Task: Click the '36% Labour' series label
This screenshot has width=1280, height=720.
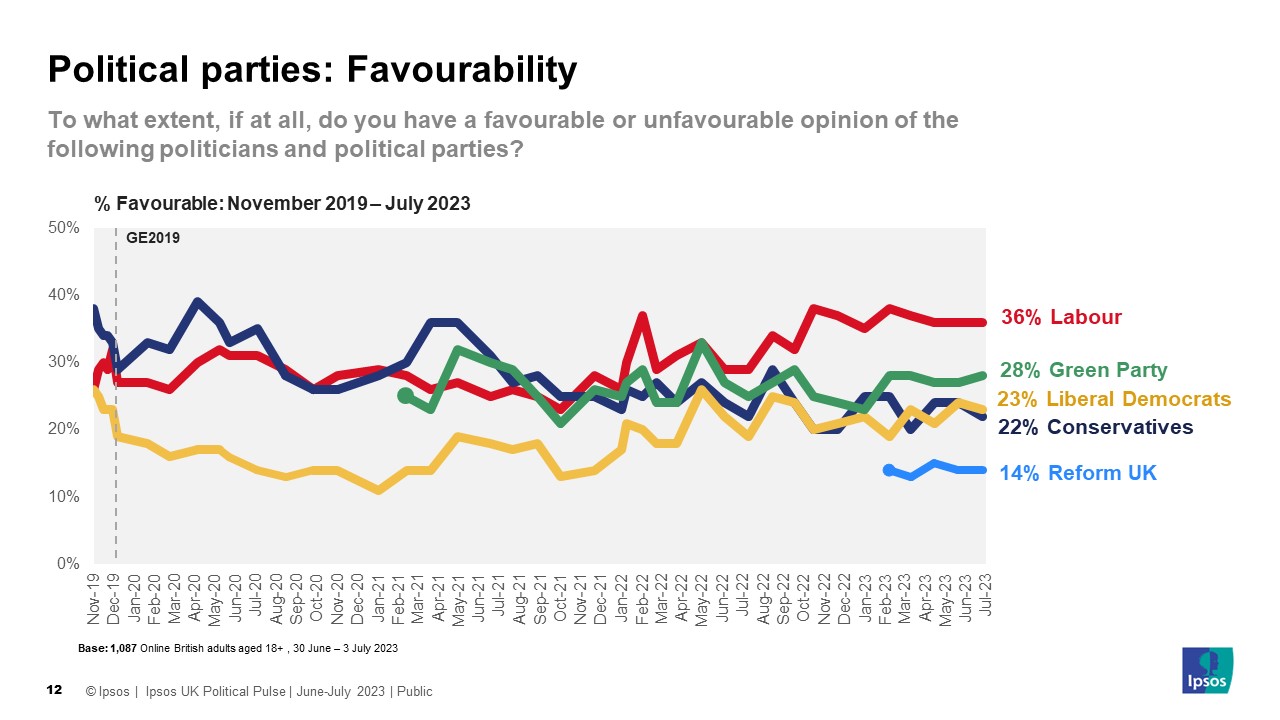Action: (x=1061, y=317)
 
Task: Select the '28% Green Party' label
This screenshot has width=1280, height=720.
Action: (x=1083, y=370)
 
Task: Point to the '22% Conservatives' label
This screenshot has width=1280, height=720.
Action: (x=1096, y=427)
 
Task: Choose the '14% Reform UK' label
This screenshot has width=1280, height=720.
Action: (x=1078, y=473)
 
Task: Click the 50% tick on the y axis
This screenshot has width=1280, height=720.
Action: (x=64, y=228)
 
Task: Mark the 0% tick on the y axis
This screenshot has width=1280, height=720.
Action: (x=68, y=564)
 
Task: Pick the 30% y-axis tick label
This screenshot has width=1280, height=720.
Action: (x=64, y=362)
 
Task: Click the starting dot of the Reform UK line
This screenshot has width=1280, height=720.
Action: (x=888, y=470)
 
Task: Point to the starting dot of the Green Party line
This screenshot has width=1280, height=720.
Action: (x=404, y=396)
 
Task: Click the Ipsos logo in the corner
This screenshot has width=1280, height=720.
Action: (x=1207, y=671)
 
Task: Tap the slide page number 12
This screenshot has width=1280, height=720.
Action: (x=56, y=691)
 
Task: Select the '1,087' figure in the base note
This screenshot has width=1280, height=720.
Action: (x=123, y=649)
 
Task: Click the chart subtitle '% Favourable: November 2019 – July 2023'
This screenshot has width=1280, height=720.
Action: (x=282, y=203)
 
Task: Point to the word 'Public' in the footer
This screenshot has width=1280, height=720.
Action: (x=414, y=691)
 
